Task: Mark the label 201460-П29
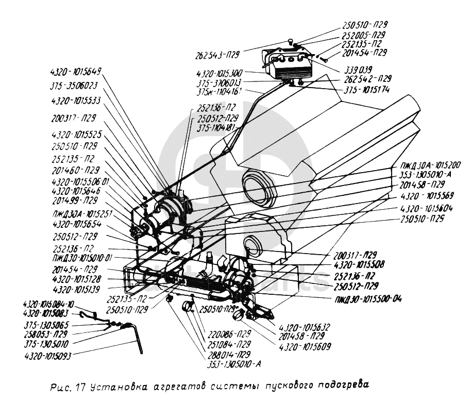click(x=75, y=170)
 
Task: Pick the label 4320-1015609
click(x=305, y=345)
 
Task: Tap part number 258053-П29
click(x=46, y=334)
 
